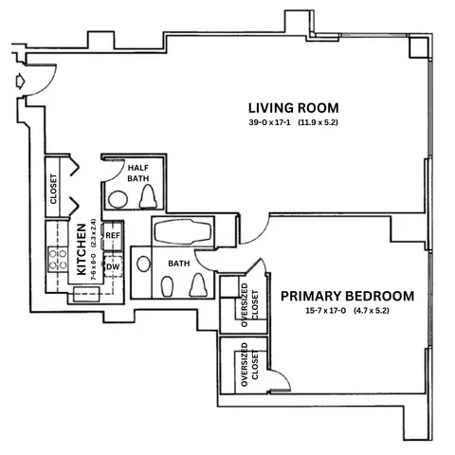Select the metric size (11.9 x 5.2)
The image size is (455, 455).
click(318, 122)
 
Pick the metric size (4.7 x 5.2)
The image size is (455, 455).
click(371, 311)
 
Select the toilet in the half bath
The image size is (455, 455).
click(149, 196)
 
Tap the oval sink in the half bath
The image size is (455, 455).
click(118, 200)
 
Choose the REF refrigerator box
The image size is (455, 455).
click(112, 235)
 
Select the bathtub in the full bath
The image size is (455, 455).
click(183, 232)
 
